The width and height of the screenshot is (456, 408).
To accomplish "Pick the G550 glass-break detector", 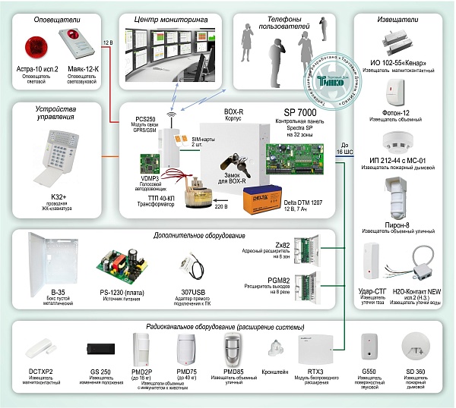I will click(371, 346).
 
